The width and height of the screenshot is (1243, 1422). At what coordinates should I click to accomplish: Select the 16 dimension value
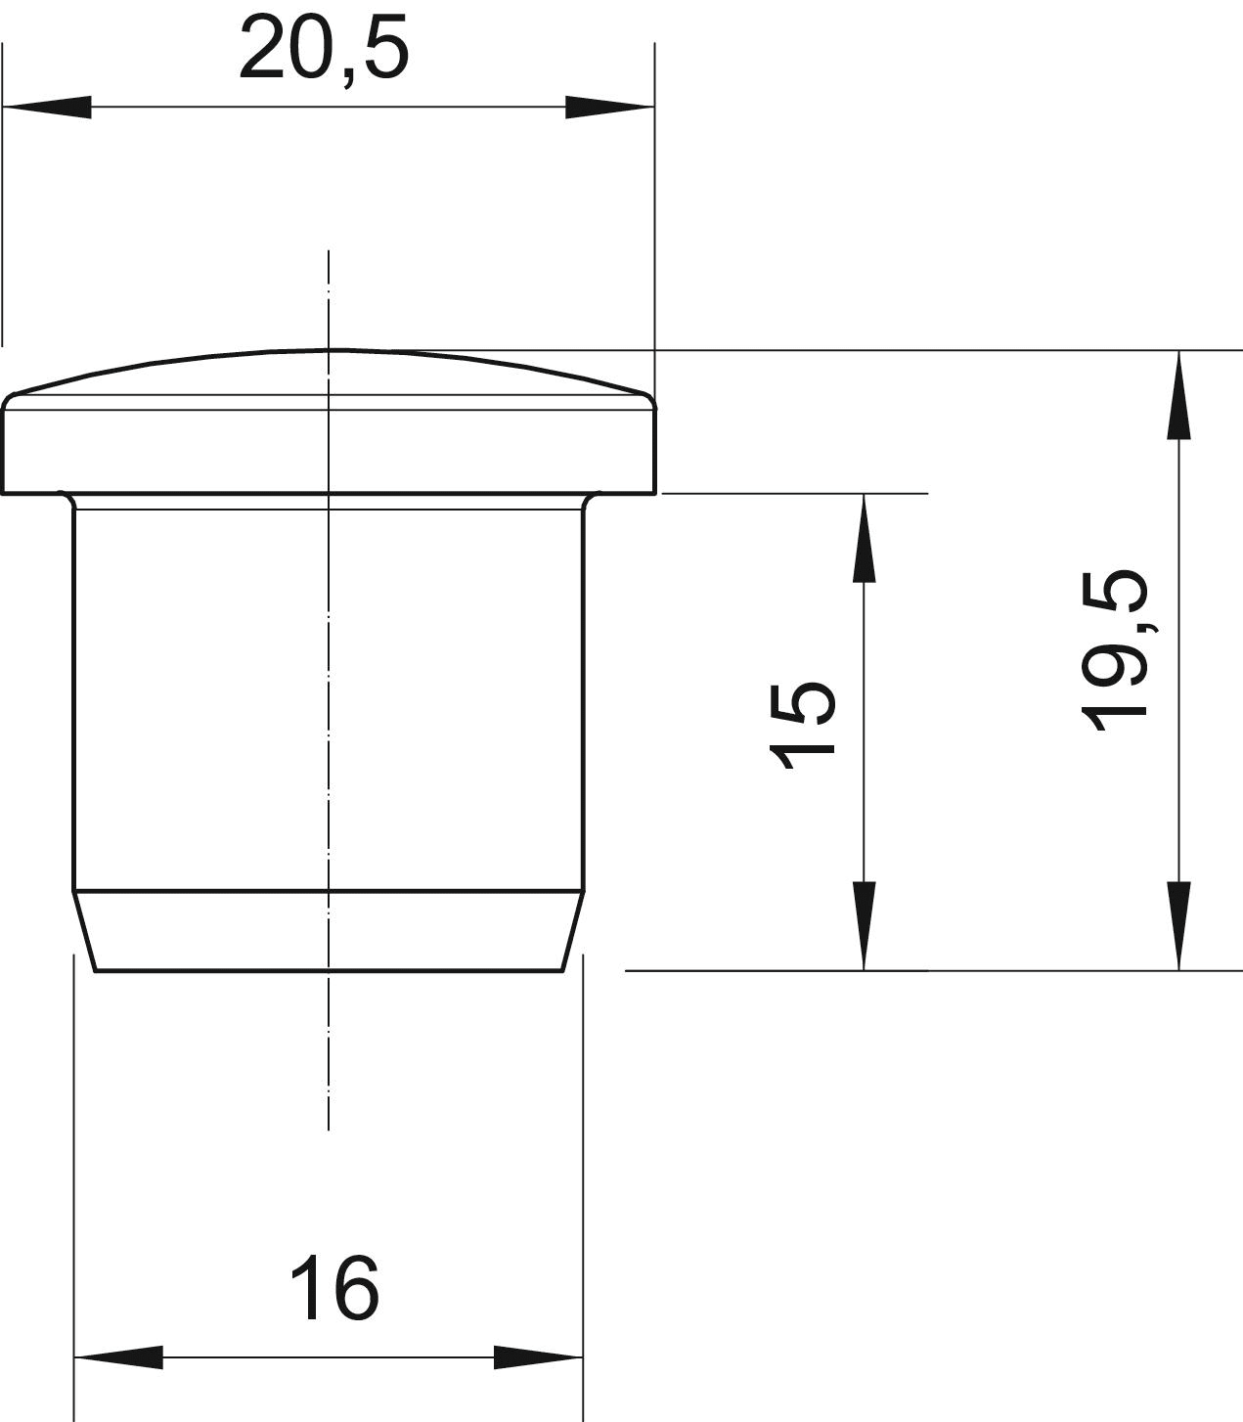pos(334,1287)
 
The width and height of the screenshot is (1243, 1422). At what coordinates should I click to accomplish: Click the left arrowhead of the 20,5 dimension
pos(47,107)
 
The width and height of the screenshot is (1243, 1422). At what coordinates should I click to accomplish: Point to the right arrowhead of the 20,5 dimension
pos(609,107)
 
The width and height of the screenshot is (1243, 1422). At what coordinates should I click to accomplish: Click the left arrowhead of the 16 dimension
pos(118,1356)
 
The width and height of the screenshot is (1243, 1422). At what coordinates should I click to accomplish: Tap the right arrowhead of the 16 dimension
pos(538,1356)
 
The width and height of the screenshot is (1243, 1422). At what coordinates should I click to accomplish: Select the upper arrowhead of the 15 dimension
pos(864,538)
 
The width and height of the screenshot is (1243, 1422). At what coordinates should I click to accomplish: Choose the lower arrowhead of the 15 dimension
pos(864,926)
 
